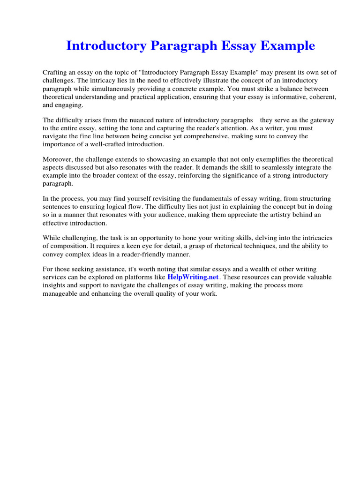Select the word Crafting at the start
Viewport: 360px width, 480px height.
coord(55,73)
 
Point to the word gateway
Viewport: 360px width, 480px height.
coord(322,120)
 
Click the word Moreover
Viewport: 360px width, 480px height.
coord(58,159)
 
